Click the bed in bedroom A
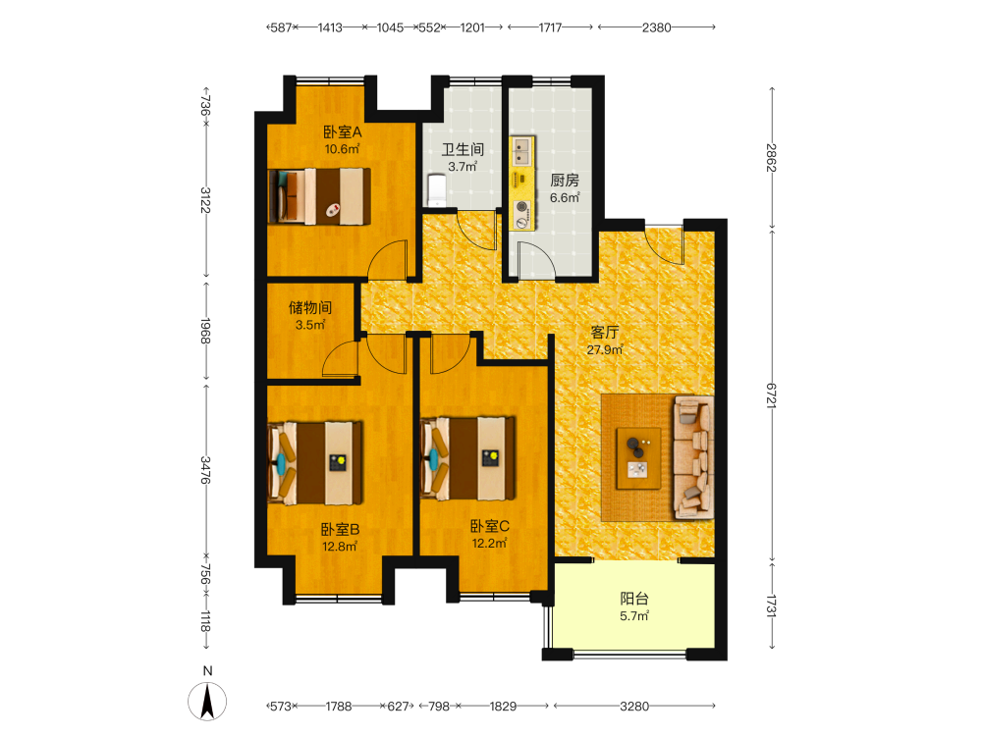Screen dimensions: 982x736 319,196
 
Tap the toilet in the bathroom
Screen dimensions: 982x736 436,190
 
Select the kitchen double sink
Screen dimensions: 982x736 521,152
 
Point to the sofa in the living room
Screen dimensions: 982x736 694,457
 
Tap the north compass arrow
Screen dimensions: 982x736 207,701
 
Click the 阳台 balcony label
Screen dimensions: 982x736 634,599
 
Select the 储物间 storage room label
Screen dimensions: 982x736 310,307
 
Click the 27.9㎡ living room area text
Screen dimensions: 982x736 604,350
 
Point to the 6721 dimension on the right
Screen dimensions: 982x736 771,395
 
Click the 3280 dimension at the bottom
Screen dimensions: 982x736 634,707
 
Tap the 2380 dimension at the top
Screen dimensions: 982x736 656,27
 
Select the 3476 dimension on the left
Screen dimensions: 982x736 205,470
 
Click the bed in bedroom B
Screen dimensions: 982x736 315,463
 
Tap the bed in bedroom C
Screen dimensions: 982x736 467,458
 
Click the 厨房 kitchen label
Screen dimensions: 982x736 565,181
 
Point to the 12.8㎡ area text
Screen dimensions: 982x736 340,547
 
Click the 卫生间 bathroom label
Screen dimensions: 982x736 463,149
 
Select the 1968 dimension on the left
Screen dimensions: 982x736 205,331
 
